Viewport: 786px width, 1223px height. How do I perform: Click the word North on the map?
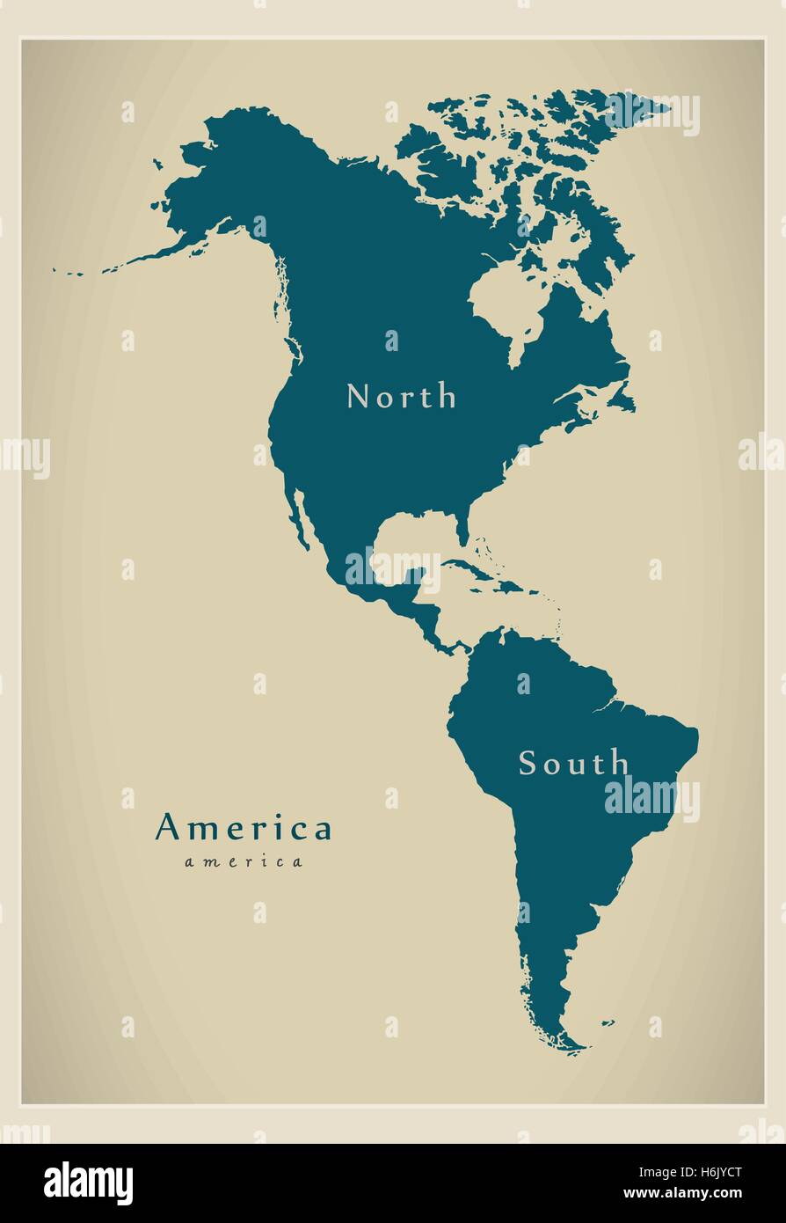pyautogui.click(x=402, y=397)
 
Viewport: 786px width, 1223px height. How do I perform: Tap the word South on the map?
pyautogui.click(x=573, y=763)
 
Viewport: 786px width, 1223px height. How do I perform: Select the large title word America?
pyautogui.click(x=244, y=828)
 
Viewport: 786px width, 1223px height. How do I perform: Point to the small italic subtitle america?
pyautogui.click(x=244, y=862)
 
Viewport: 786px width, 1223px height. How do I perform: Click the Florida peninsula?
pyautogui.click(x=462, y=528)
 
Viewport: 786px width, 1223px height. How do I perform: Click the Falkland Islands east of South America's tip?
pyautogui.click(x=607, y=1022)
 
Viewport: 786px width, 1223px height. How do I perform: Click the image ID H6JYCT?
pyautogui.click(x=718, y=1172)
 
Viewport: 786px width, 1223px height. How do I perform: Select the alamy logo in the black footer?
pyautogui.click(x=88, y=1183)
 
